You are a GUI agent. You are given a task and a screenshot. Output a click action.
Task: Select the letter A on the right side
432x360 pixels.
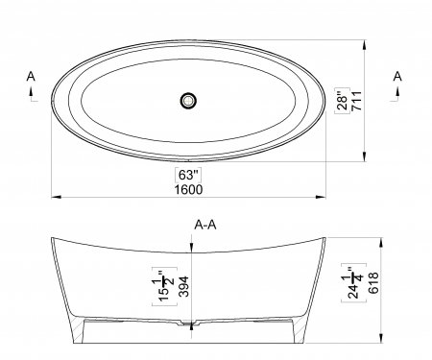398,73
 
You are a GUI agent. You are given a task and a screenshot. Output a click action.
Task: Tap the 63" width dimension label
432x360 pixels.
188,175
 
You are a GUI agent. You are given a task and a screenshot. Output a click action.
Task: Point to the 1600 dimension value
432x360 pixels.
188,190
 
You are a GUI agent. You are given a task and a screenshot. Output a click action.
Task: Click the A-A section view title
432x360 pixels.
204,227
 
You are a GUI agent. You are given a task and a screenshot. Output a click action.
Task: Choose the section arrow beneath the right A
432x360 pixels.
396,92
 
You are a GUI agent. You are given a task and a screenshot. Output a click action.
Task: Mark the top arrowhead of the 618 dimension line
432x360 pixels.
383,240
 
